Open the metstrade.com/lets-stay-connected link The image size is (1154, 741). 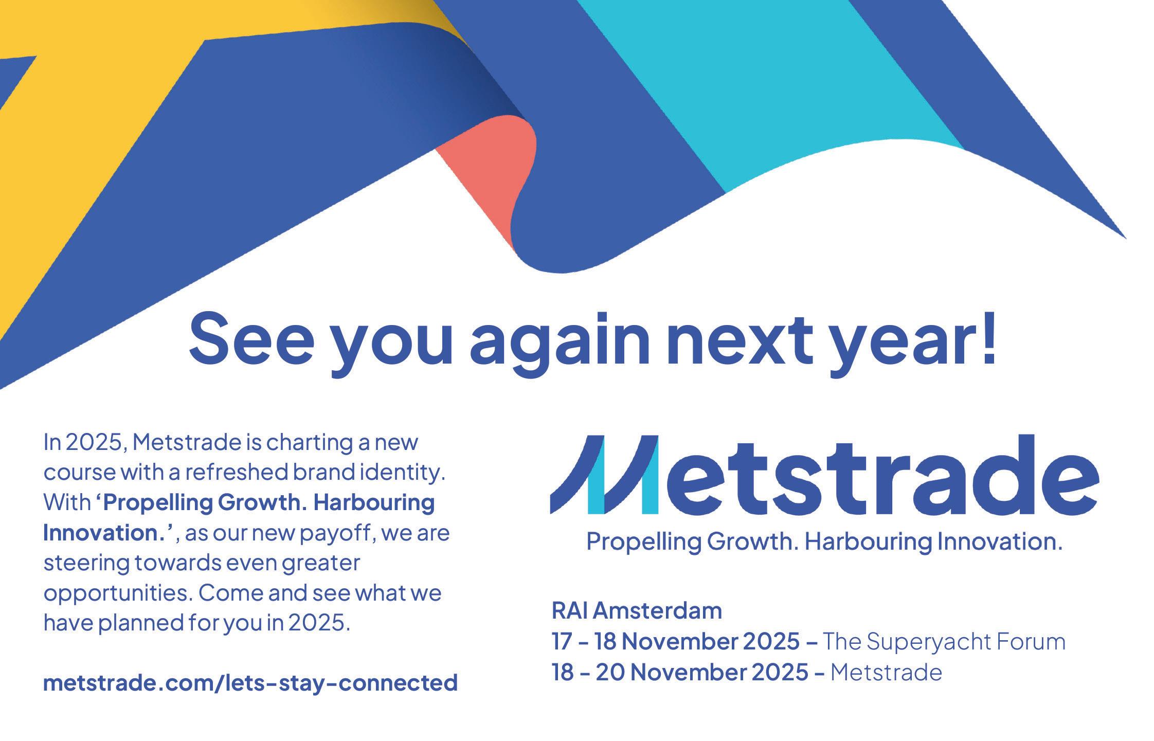tap(250, 683)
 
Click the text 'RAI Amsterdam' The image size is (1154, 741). tap(637, 611)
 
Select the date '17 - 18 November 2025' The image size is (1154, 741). tap(675, 642)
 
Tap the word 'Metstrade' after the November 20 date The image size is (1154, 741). tap(886, 673)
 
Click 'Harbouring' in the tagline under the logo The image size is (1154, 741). tap(870, 543)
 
